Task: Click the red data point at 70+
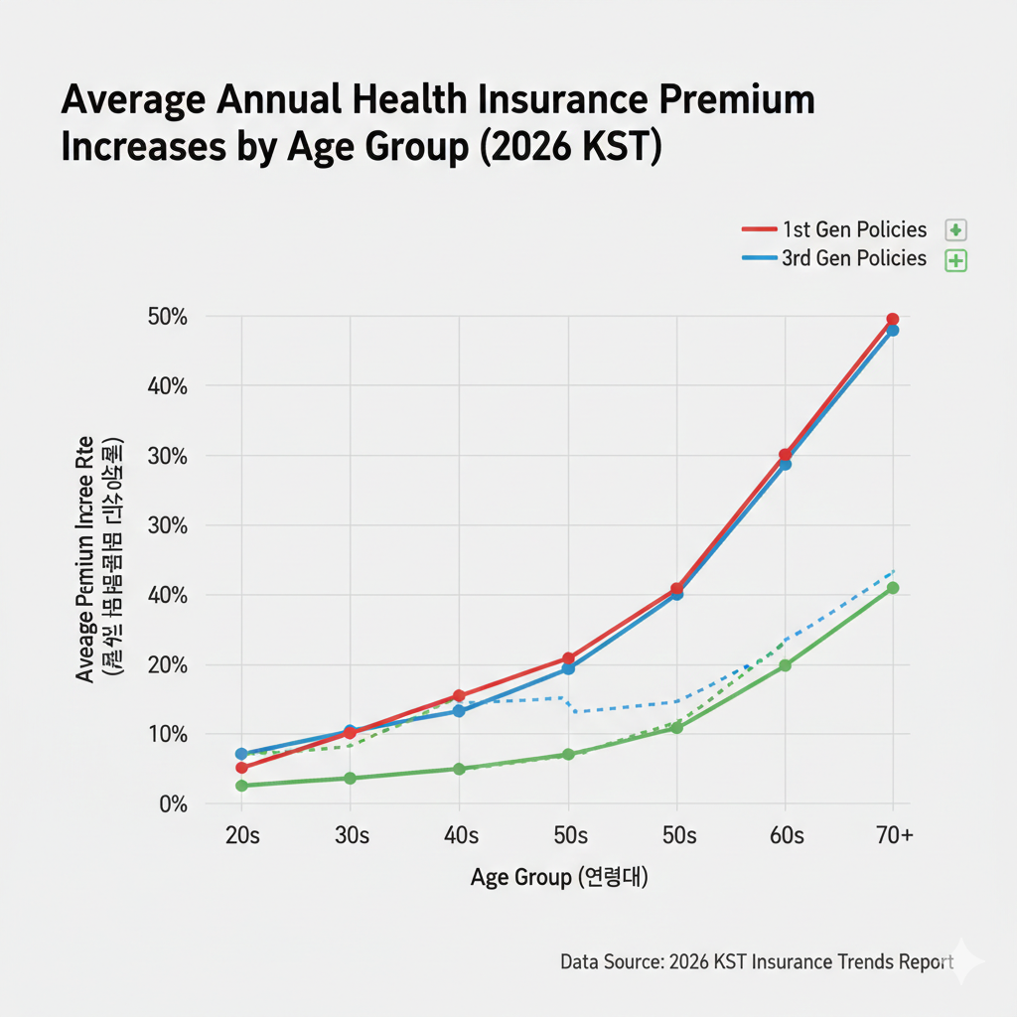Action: pyautogui.click(x=893, y=319)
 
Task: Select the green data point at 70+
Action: pyautogui.click(x=893, y=588)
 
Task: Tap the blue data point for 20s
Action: pyautogui.click(x=241, y=754)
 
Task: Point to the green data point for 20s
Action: pyautogui.click(x=241, y=786)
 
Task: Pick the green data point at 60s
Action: pyautogui.click(x=785, y=665)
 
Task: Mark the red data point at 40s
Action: pyautogui.click(x=459, y=696)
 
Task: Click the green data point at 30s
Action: pyautogui.click(x=350, y=778)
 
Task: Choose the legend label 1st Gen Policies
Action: pyautogui.click(x=854, y=230)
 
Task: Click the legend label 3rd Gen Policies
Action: pyautogui.click(x=854, y=259)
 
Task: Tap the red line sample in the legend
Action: pyautogui.click(x=759, y=230)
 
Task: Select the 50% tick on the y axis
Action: pyautogui.click(x=168, y=317)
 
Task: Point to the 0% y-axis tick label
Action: pyautogui.click(x=173, y=803)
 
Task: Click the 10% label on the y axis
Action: pyautogui.click(x=168, y=734)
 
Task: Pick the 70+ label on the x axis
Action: pyautogui.click(x=893, y=836)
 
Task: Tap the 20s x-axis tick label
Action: pyautogui.click(x=241, y=836)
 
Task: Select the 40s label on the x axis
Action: pyautogui.click(x=459, y=836)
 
